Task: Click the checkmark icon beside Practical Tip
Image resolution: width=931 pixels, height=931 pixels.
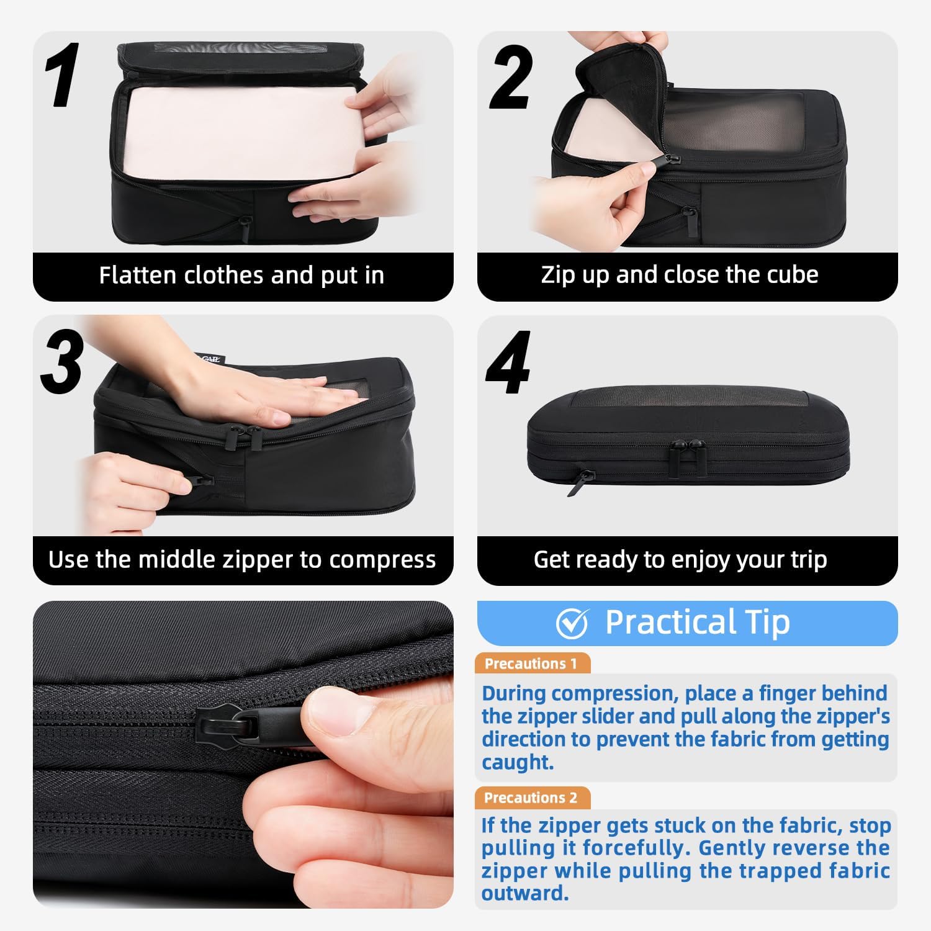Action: (x=572, y=623)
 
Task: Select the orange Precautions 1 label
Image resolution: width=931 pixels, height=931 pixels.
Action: (x=531, y=663)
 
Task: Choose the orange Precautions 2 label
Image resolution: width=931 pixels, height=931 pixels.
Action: (x=531, y=798)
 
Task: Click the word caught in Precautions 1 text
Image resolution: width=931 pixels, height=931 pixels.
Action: (x=517, y=762)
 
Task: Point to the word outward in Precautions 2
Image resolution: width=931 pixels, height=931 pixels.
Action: (x=524, y=894)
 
